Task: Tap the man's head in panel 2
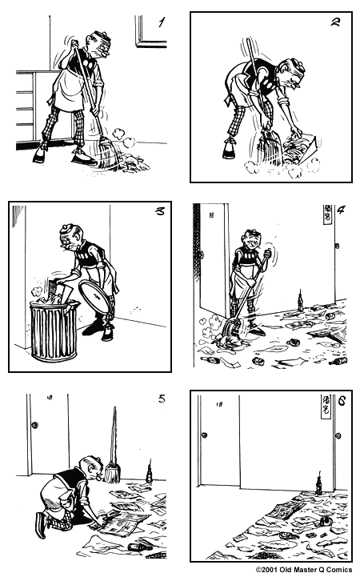click(x=289, y=74)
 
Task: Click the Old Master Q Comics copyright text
click(x=304, y=571)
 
